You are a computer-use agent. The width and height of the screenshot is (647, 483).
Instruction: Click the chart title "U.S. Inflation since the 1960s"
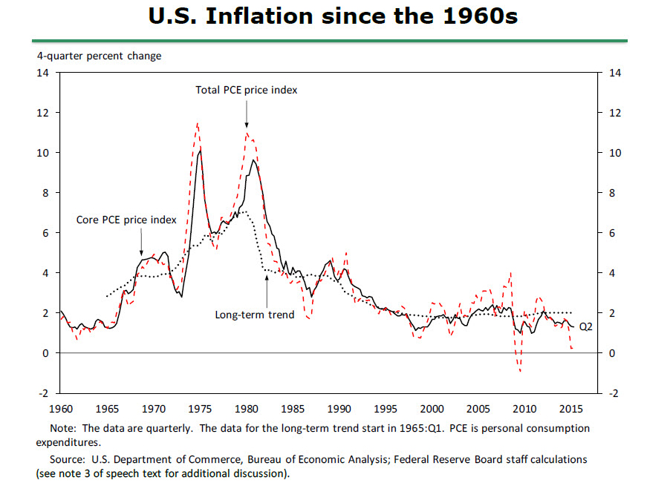(322, 16)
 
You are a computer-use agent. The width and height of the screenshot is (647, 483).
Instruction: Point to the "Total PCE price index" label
(246, 90)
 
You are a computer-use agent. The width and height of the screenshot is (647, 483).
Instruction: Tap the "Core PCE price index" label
(126, 220)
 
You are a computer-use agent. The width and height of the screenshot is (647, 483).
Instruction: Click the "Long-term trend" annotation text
(255, 315)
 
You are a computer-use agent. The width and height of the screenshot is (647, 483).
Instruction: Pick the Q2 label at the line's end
(585, 326)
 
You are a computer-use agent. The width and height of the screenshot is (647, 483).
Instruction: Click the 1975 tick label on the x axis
(201, 409)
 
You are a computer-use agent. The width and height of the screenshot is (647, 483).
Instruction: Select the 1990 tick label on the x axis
(339, 409)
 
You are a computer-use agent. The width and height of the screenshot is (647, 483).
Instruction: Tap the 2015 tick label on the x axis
(571, 409)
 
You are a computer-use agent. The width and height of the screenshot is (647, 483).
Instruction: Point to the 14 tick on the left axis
(44, 73)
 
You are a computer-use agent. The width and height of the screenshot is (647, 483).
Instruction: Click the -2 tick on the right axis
(613, 393)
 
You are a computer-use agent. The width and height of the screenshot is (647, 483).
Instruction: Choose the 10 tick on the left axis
(44, 153)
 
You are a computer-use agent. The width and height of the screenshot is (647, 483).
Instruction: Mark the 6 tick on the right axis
(612, 233)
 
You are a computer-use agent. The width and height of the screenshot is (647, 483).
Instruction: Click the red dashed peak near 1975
(198, 124)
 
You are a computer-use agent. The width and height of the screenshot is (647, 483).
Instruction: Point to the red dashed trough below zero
(520, 370)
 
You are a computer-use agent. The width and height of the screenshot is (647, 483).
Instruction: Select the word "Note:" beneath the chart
(62, 429)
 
